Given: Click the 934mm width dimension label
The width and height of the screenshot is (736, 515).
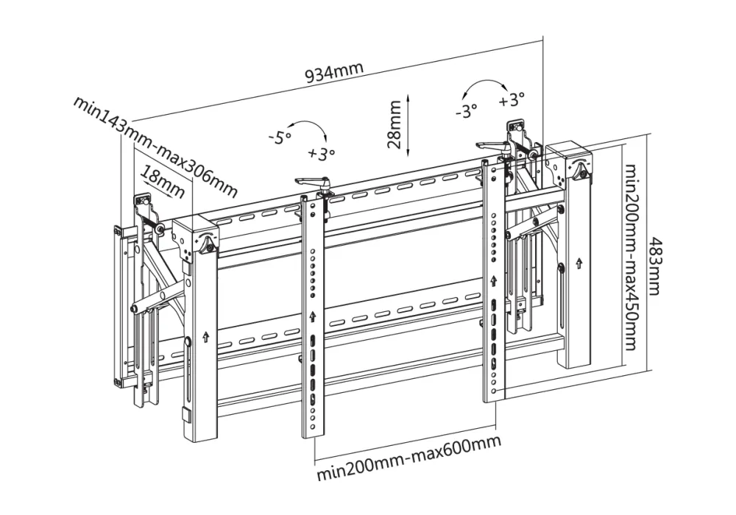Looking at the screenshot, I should (x=334, y=71).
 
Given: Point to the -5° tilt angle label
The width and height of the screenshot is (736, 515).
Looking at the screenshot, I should (x=280, y=137).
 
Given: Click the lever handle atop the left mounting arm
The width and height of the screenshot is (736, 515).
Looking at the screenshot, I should (x=311, y=181).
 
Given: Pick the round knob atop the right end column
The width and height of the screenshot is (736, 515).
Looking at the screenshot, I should (x=580, y=168).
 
